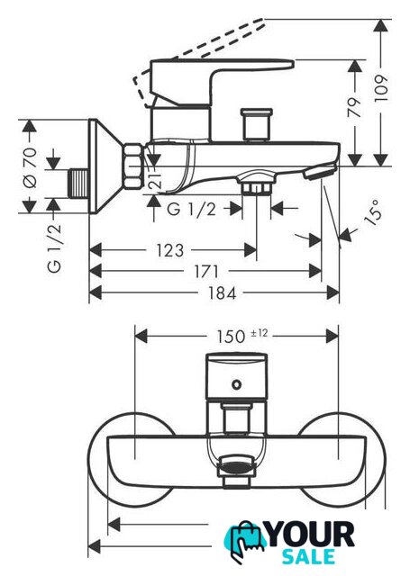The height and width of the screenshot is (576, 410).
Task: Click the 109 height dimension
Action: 381,88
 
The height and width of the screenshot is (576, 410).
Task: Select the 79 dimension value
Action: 355,107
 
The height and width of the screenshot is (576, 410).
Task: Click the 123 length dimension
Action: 169,250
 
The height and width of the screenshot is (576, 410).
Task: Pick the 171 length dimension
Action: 206,272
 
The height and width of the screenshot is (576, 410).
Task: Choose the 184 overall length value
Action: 222,292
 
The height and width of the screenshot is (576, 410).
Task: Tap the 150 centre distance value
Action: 231,337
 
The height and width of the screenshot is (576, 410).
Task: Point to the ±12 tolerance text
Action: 260,333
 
